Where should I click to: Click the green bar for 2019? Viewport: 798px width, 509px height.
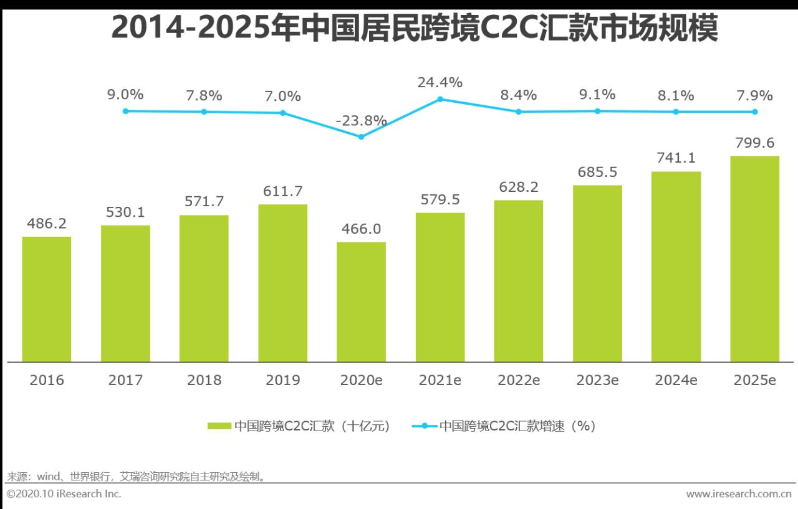click(282, 283)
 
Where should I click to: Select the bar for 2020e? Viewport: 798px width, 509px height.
click(361, 302)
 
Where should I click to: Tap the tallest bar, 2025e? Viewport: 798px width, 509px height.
click(754, 259)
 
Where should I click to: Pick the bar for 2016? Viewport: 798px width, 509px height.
click(47, 299)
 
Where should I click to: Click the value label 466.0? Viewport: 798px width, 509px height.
click(361, 229)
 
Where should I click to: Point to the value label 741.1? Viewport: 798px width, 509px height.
click(676, 158)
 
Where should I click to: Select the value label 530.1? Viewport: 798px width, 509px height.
click(125, 212)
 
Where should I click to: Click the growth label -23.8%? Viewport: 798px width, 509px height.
click(361, 121)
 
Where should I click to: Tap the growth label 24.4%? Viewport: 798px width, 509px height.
click(440, 82)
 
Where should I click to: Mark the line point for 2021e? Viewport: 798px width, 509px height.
click(440, 99)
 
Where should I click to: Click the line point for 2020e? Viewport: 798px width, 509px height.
click(362, 136)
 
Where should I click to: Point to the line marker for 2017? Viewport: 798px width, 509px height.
click(125, 111)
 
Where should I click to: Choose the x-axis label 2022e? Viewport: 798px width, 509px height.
click(519, 380)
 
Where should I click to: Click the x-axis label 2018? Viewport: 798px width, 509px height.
click(204, 380)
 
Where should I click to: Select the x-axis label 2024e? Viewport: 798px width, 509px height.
click(676, 380)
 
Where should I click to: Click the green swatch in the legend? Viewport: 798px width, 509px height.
click(219, 426)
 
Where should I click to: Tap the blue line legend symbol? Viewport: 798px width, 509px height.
click(425, 426)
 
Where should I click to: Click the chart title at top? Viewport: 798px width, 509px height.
click(415, 28)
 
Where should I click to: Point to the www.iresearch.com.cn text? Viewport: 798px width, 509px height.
click(738, 494)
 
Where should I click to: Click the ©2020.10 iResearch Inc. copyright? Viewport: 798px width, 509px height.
click(64, 494)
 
